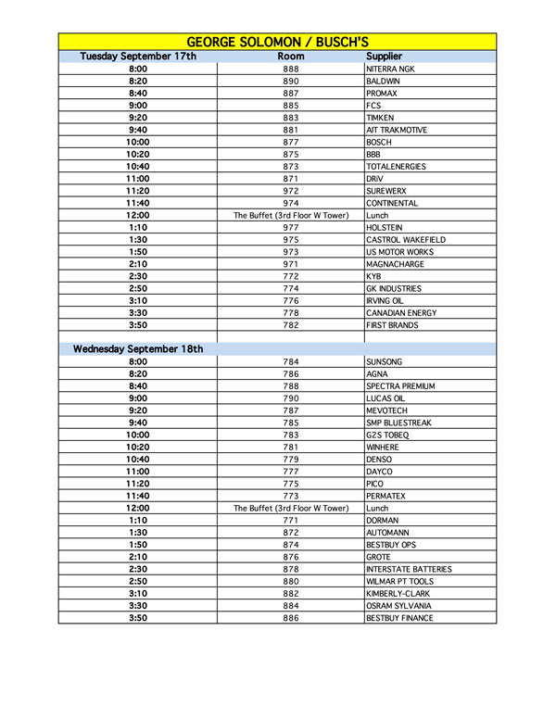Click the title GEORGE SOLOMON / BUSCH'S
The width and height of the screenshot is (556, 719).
(277, 42)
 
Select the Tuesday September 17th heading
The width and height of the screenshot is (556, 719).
(138, 57)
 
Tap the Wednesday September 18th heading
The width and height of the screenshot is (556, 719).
(138, 349)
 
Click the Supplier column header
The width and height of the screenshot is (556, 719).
(384, 57)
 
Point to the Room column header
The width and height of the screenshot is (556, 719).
(291, 57)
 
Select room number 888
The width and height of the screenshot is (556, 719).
(291, 69)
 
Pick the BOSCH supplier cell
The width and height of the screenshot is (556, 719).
(380, 143)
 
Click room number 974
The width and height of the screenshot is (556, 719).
(291, 203)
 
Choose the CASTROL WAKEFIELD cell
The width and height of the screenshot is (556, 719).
(405, 240)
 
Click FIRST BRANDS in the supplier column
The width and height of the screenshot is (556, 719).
(393, 325)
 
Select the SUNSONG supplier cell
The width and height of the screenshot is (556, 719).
(385, 361)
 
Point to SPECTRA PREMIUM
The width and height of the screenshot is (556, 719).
(399, 386)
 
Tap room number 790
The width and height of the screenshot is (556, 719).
(291, 398)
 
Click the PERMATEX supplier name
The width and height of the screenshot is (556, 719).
(385, 496)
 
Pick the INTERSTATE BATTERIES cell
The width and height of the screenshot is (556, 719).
(409, 569)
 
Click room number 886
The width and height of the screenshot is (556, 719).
(291, 618)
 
